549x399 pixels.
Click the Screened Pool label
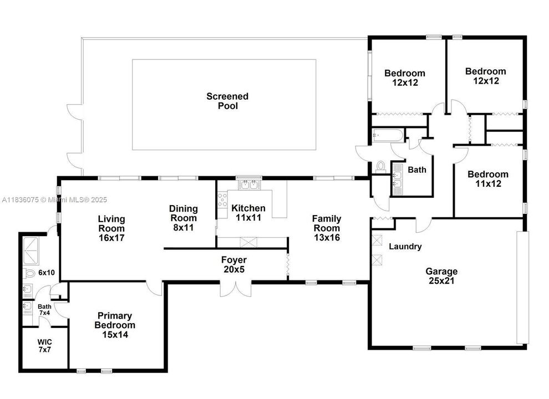[x=227, y=101]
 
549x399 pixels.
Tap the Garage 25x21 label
[x=441, y=276]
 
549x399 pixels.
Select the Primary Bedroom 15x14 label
[x=115, y=325]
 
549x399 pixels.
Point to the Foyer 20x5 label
[x=233, y=264]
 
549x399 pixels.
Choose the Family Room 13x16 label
[x=327, y=228]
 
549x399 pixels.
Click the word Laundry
[x=405, y=247]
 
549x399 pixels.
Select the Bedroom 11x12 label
[x=487, y=178]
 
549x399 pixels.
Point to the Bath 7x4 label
[x=44, y=310]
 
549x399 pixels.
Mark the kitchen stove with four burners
[x=222, y=199]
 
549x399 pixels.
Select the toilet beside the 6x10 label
[x=29, y=273]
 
